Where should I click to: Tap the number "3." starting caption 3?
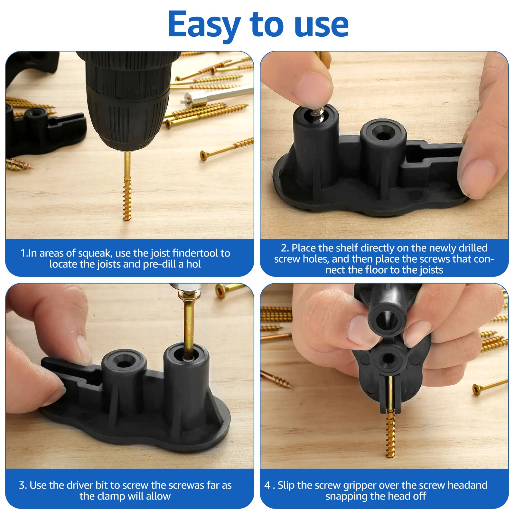point(23,485)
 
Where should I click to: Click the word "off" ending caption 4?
point(419,496)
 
